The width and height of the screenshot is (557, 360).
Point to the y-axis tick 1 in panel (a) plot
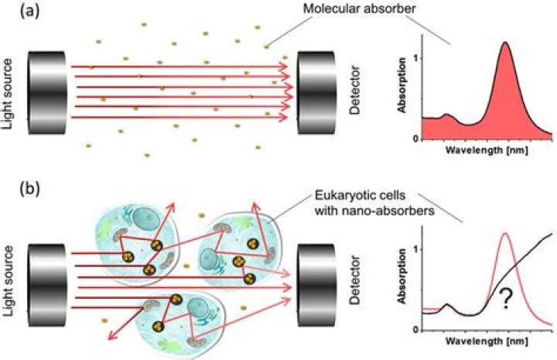click(414, 58)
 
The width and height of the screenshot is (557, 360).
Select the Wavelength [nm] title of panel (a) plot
click(485, 151)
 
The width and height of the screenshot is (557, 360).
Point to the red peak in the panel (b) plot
click(506, 235)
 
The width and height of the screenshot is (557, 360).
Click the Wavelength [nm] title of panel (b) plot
click(485, 341)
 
